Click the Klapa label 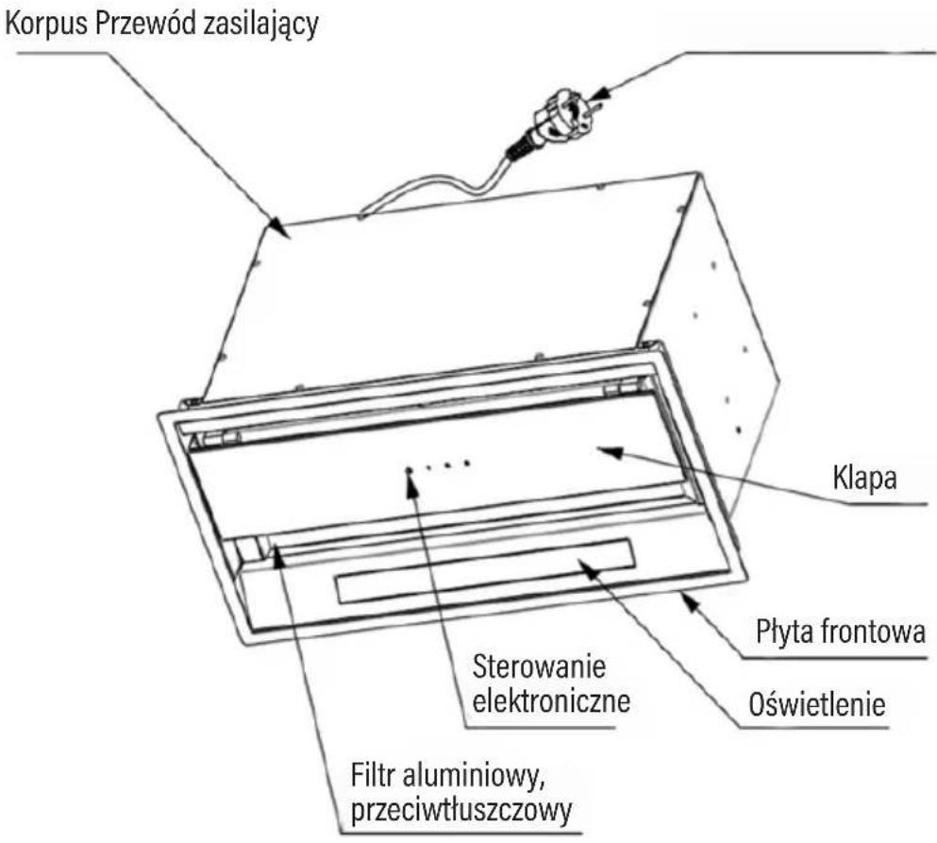864,478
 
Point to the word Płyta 785,632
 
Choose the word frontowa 873,632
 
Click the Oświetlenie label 817,704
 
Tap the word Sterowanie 539,666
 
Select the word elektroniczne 551,700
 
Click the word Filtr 373,776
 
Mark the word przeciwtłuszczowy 461,811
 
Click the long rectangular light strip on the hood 485,570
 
